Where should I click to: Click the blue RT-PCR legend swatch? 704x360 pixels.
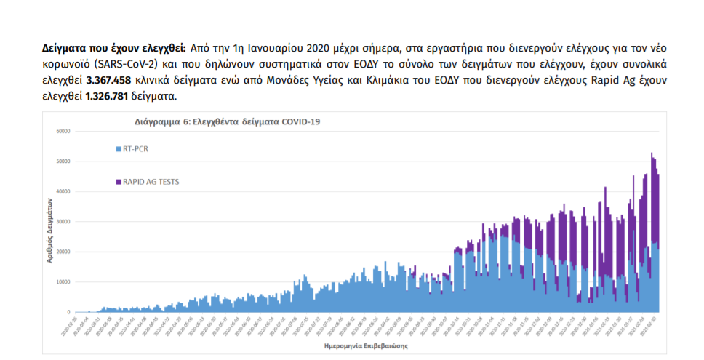119,149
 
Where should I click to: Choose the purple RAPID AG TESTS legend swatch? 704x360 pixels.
119,181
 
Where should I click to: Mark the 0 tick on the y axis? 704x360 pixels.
68,312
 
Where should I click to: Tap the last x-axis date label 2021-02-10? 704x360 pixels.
656,326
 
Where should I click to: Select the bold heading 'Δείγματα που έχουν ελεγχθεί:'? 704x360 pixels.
114,47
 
